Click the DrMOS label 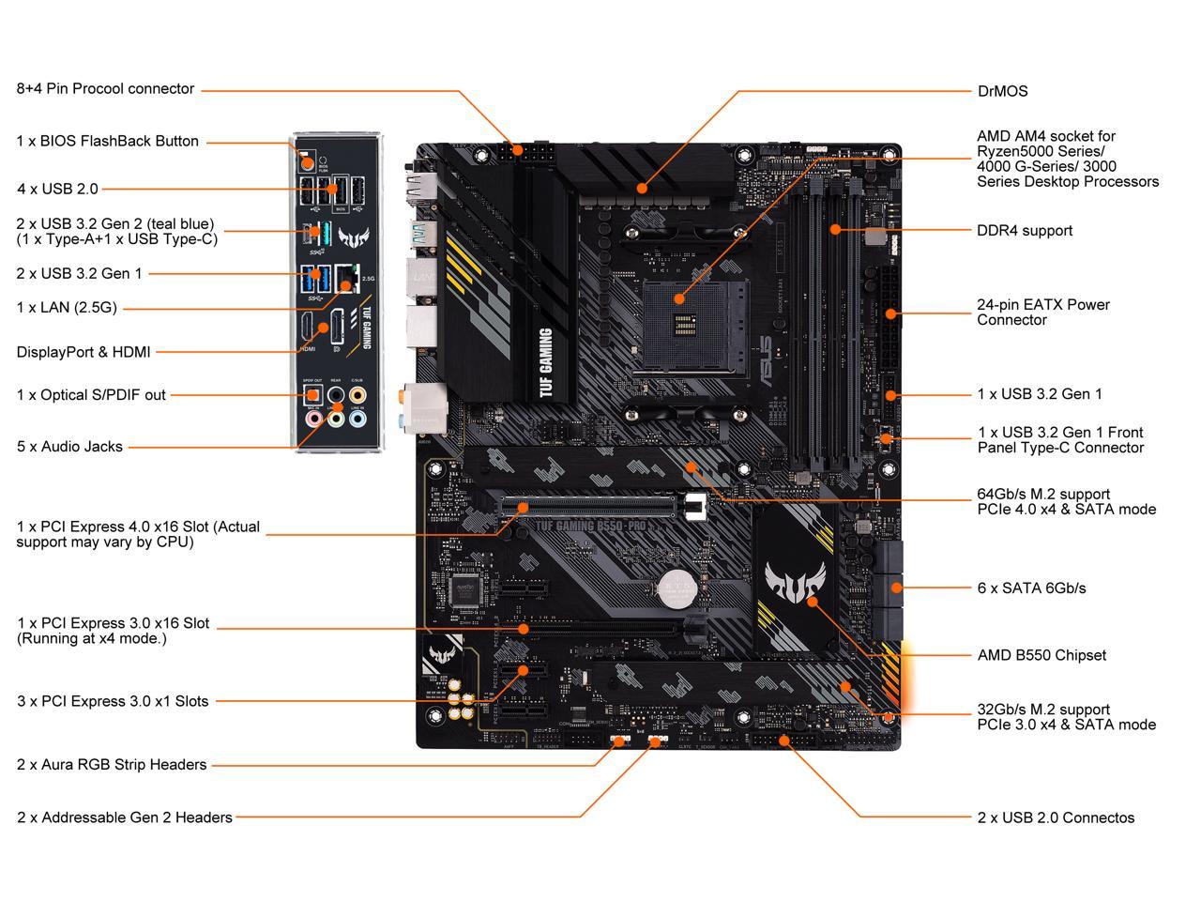[x=1002, y=91]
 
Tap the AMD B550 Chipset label [x=1041, y=655]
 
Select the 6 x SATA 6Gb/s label [x=1031, y=588]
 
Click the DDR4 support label [x=1025, y=230]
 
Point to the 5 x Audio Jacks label [x=69, y=447]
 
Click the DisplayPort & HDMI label [x=84, y=352]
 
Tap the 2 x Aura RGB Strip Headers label [x=112, y=765]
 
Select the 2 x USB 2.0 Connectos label [x=1056, y=817]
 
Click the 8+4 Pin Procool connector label [x=105, y=89]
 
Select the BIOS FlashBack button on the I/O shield [x=306, y=160]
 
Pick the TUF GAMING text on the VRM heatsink [x=545, y=363]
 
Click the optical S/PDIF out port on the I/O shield [x=312, y=394]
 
